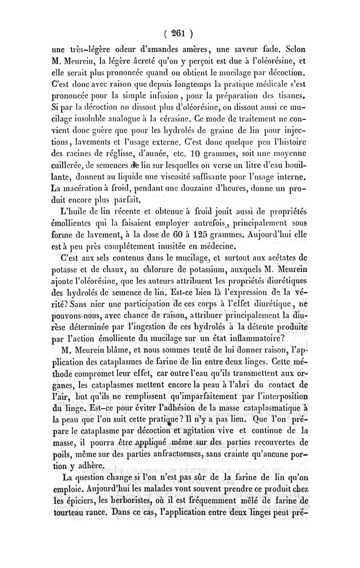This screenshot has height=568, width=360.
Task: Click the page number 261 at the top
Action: click(179, 33)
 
